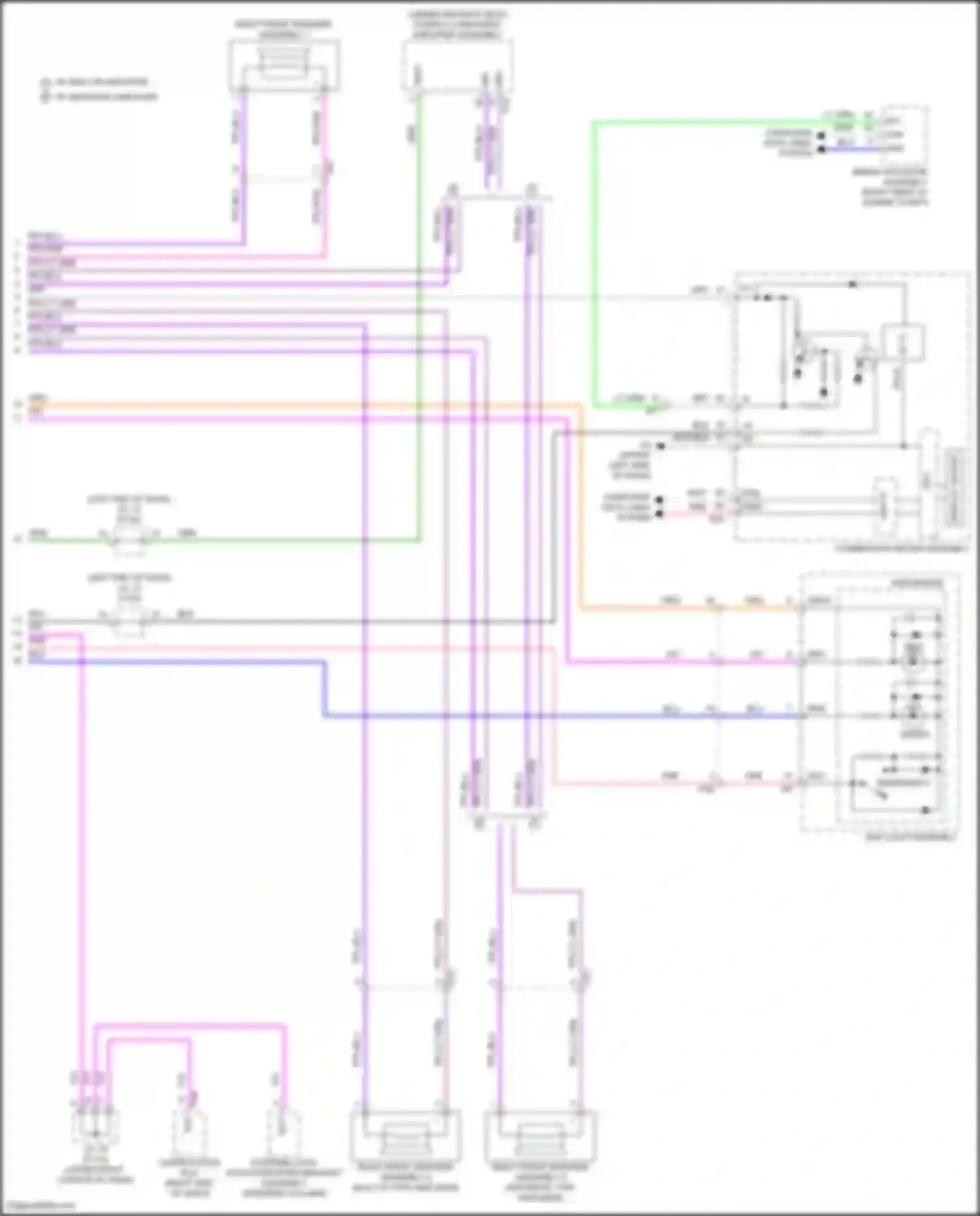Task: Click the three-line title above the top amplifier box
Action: (x=458, y=25)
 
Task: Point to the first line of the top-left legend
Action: (x=95, y=82)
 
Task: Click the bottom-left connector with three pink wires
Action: (x=95, y=1123)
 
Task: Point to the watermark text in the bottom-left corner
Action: (x=38, y=1205)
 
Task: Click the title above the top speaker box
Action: (x=284, y=29)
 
